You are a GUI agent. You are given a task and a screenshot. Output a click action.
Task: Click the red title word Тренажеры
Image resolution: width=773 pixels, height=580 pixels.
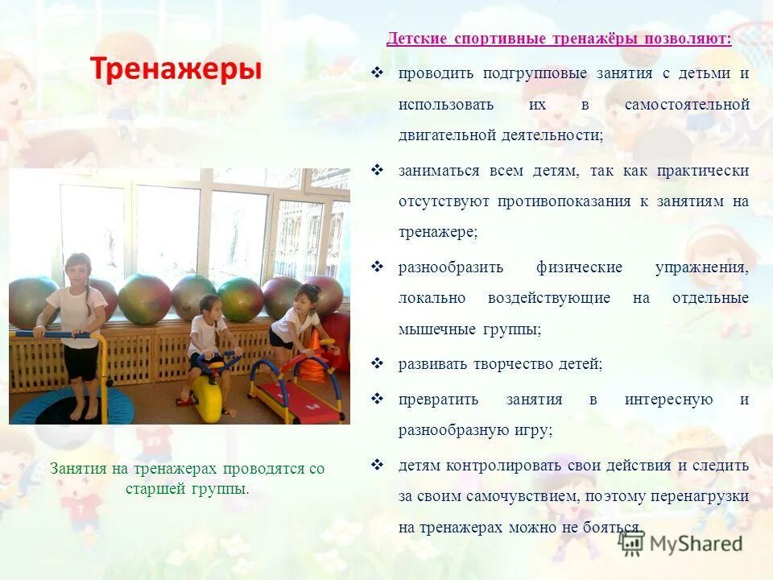(176, 69)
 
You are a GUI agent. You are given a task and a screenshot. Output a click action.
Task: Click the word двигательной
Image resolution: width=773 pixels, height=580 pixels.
(446, 135)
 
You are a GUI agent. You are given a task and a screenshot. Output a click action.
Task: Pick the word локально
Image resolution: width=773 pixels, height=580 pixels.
(432, 298)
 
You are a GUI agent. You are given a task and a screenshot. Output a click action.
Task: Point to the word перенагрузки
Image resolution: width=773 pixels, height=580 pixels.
(701, 496)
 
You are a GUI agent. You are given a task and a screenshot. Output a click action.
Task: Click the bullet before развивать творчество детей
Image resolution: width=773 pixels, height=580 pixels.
(377, 363)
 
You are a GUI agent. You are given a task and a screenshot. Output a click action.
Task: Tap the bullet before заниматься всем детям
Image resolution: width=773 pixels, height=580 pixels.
(377, 170)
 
